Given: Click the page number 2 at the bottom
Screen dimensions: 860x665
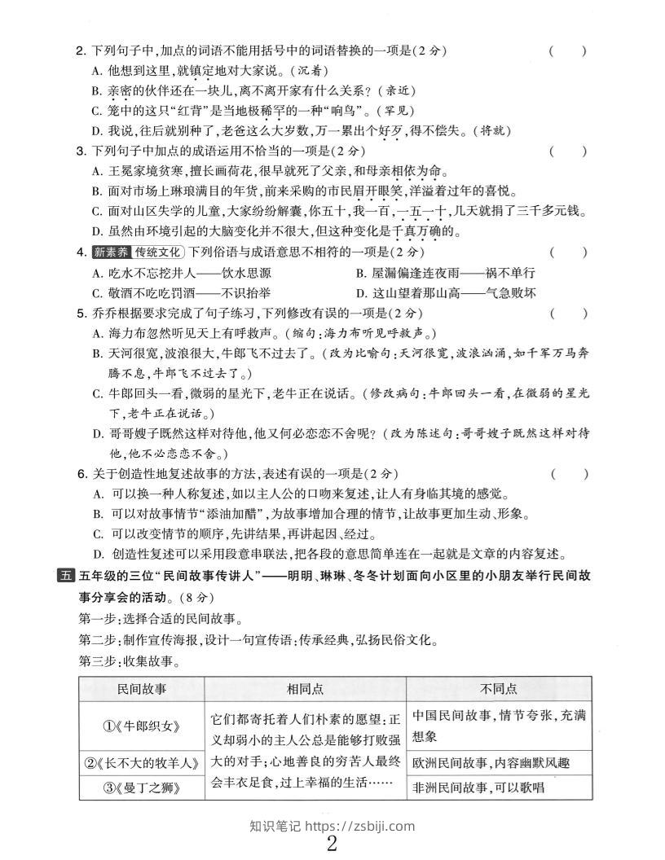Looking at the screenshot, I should tap(332, 843).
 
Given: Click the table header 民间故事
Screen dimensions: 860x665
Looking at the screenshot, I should tap(142, 689).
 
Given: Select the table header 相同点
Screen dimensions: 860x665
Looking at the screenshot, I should tap(304, 689).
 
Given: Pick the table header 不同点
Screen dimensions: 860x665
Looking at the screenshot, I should tap(499, 689).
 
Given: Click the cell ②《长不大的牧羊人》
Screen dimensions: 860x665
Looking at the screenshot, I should tap(142, 763).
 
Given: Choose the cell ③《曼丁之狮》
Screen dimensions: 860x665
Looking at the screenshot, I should tap(142, 788).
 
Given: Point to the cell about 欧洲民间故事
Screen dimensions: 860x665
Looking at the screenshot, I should tap(489, 763).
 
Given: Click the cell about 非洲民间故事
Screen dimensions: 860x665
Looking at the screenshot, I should tap(478, 788).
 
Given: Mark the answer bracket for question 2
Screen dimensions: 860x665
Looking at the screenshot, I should tap(568, 51).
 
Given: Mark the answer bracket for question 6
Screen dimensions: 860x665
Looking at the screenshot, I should tap(568, 473).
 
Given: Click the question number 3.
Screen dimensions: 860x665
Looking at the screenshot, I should tap(80, 151).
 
